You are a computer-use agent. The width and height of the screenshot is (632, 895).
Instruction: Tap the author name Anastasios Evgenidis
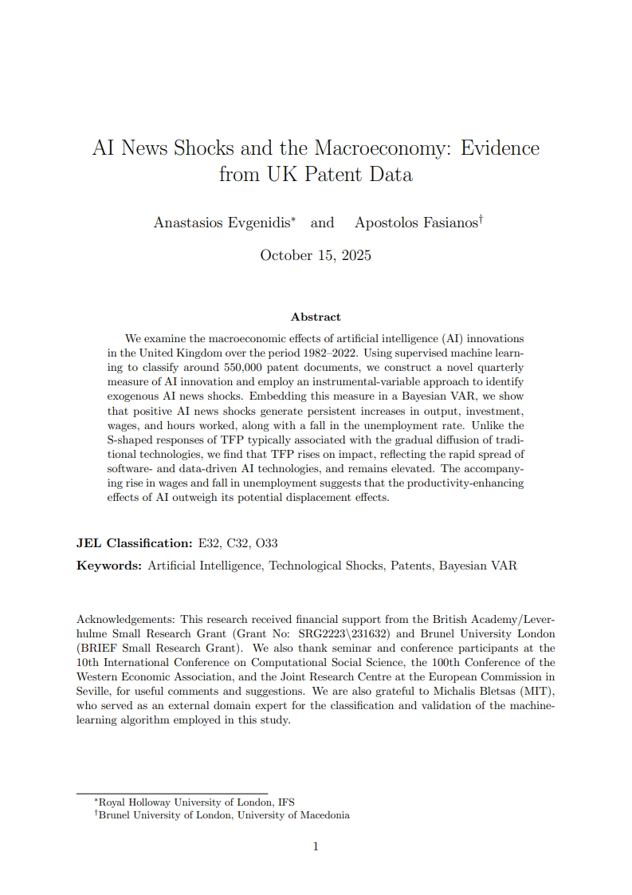(x=223, y=223)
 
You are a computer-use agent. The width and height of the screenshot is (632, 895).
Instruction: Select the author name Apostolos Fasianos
(x=416, y=223)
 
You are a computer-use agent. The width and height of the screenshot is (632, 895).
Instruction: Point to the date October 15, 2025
(x=316, y=256)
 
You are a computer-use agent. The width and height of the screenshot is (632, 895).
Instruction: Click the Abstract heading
(x=316, y=317)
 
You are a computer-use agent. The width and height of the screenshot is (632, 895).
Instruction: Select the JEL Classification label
(x=134, y=543)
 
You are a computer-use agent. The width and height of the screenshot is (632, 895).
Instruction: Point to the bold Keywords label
(x=109, y=566)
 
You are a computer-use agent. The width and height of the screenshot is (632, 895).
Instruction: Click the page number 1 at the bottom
(x=316, y=846)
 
